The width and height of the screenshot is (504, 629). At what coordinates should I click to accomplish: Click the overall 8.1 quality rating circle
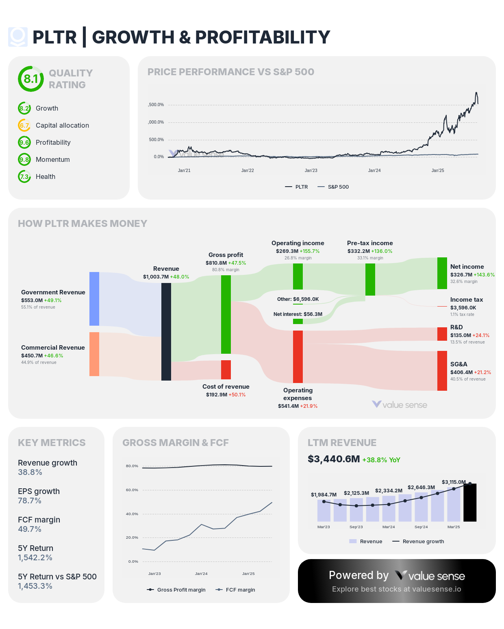(x=30, y=79)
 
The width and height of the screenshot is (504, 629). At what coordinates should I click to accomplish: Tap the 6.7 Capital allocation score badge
(x=24, y=125)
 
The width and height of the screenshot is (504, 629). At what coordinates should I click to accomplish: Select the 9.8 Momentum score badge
(x=24, y=159)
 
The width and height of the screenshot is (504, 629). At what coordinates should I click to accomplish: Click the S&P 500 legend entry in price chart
(x=333, y=187)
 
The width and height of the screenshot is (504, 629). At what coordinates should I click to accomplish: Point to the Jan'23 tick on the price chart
(x=311, y=170)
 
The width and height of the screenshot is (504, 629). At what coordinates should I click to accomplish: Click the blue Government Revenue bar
(x=94, y=299)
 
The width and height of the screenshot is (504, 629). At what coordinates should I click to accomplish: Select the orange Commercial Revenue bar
(x=94, y=354)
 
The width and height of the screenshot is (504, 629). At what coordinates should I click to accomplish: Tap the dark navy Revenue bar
(x=166, y=332)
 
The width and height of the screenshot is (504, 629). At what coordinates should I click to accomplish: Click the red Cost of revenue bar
(x=226, y=370)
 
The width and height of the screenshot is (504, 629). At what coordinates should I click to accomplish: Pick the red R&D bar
(x=442, y=334)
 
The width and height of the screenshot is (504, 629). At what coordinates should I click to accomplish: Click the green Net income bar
(x=442, y=273)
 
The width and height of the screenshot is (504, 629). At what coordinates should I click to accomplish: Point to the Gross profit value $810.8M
(x=216, y=263)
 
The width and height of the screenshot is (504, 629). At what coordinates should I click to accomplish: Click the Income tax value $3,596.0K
(x=463, y=308)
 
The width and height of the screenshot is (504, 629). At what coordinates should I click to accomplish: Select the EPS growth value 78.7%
(x=30, y=501)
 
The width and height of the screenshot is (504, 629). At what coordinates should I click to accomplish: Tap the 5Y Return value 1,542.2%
(x=35, y=557)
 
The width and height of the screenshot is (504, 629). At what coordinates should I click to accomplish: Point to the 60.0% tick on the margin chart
(x=132, y=490)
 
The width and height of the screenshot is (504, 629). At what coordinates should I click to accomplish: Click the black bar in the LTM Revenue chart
(x=470, y=503)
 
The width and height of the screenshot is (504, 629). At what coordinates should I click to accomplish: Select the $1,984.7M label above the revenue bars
(x=324, y=494)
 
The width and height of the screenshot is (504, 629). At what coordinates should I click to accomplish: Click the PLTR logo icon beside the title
(x=18, y=37)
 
